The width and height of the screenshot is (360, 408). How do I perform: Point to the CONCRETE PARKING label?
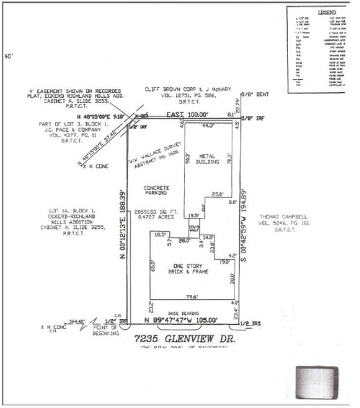[x=157, y=192]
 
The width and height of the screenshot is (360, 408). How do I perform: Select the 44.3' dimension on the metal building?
[x=207, y=126]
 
